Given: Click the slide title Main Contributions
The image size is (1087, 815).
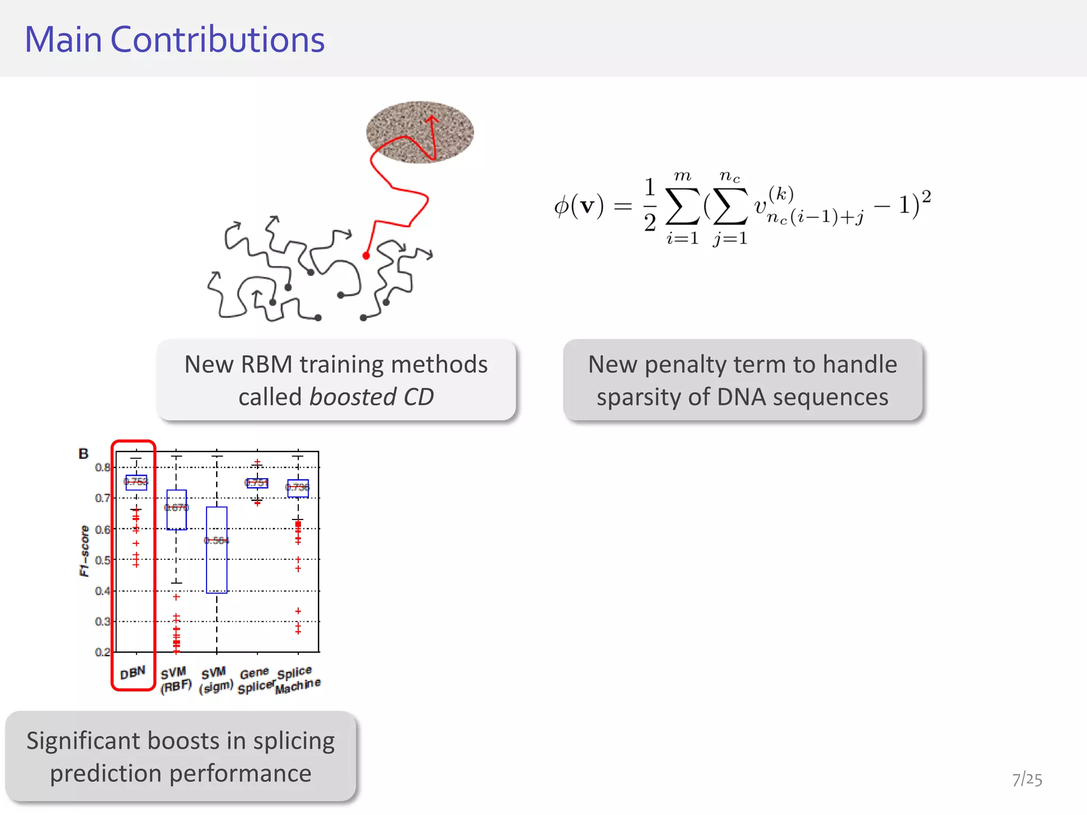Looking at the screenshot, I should click(x=175, y=40).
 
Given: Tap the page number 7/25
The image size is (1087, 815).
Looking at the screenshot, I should click(x=1026, y=779).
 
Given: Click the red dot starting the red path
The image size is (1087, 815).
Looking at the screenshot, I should click(x=366, y=256).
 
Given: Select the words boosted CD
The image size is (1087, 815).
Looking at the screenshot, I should click(x=372, y=397).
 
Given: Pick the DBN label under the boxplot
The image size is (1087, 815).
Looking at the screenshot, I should click(x=133, y=673).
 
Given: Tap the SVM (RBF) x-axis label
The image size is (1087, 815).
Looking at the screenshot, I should click(x=175, y=680).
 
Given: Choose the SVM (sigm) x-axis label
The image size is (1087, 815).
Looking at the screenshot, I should click(x=215, y=680).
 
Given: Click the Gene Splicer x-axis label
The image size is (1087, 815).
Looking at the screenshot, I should click(x=255, y=681).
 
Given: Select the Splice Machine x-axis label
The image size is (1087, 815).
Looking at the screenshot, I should click(x=297, y=680).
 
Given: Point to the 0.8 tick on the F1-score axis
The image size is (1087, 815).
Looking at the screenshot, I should click(x=102, y=467).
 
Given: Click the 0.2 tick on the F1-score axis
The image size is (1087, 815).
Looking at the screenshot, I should click(x=102, y=652).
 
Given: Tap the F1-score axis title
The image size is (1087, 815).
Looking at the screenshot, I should click(x=84, y=551).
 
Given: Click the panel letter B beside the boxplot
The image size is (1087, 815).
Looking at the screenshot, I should click(x=83, y=454).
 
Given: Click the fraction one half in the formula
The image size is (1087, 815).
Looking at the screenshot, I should click(x=650, y=205).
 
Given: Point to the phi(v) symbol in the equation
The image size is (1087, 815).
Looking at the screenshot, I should click(x=579, y=206).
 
